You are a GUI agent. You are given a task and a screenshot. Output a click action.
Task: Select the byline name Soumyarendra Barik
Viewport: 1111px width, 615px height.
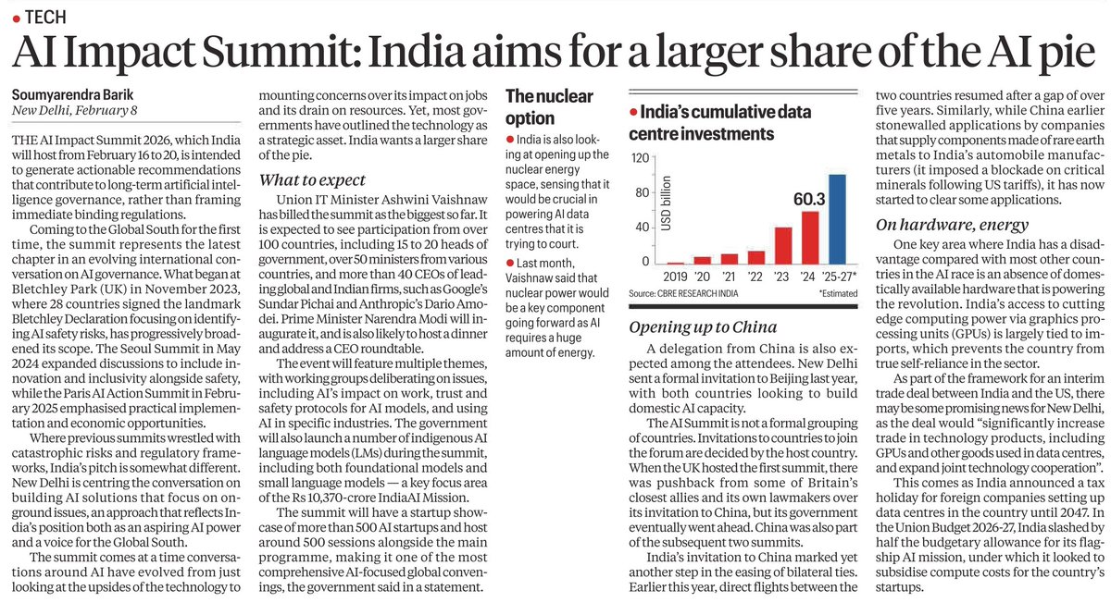pyautogui.click(x=72, y=95)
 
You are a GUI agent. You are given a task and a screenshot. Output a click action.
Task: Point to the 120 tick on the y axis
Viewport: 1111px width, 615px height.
pyautogui.click(x=637, y=158)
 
